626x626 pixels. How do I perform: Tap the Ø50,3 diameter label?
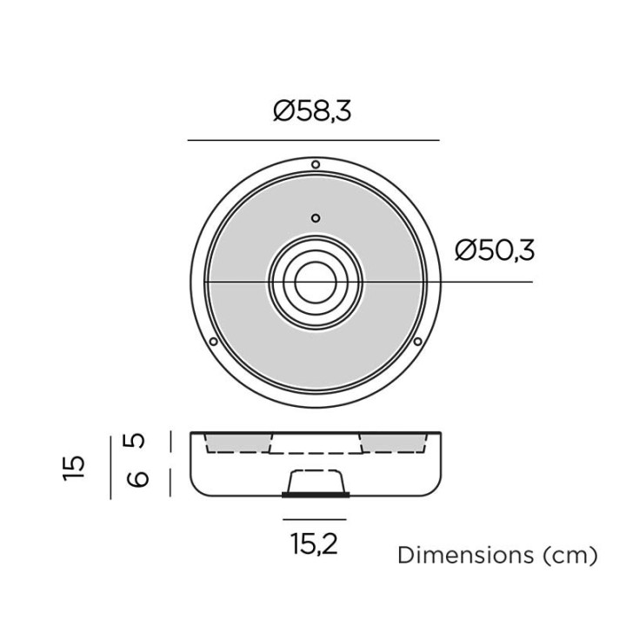[x=494, y=250]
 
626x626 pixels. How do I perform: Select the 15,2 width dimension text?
[x=315, y=543]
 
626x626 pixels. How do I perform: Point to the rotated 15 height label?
[x=74, y=467]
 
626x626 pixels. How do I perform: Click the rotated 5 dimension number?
[x=137, y=441]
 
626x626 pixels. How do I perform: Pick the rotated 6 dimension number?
[x=137, y=479]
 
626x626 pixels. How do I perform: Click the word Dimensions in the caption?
[x=465, y=555]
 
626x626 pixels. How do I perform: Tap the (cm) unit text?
[x=570, y=556]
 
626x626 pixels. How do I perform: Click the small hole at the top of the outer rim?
[x=316, y=164]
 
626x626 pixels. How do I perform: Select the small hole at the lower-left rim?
[x=214, y=342]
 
